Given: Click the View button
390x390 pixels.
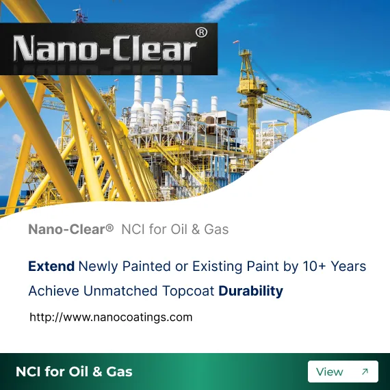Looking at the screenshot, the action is pyautogui.click(x=343, y=372).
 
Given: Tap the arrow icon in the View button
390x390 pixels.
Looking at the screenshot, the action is pyautogui.click(x=365, y=372).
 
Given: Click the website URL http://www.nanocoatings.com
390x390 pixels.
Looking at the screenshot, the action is pyautogui.click(x=111, y=317).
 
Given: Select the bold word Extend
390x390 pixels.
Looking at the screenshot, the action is pyautogui.click(x=51, y=266).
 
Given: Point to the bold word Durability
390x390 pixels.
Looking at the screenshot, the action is pyautogui.click(x=250, y=291).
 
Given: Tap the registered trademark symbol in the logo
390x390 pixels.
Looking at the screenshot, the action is pyautogui.click(x=201, y=33).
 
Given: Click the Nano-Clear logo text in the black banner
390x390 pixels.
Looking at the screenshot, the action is pyautogui.click(x=105, y=48).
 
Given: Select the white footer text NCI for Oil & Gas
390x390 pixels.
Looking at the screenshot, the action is pyautogui.click(x=74, y=372).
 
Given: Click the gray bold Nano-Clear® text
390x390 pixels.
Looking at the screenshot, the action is pyautogui.click(x=71, y=229).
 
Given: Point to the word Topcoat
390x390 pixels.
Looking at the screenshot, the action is pyautogui.click(x=188, y=291).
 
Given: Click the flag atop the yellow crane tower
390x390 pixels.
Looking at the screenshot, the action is pyautogui.click(x=236, y=42).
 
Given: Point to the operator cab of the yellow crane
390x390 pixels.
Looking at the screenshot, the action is pyautogui.click(x=259, y=88).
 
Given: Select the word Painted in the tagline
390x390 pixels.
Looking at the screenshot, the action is pyautogui.click(x=146, y=266).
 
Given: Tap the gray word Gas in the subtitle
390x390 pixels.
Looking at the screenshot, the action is pyautogui.click(x=216, y=229).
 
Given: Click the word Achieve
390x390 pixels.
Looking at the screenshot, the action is pyautogui.click(x=54, y=291).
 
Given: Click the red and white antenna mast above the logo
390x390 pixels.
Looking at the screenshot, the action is pyautogui.click(x=80, y=16).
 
